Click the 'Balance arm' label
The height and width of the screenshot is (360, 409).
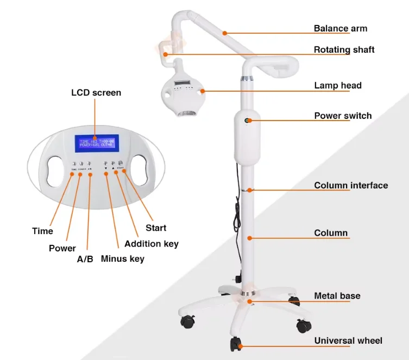pos(340,28)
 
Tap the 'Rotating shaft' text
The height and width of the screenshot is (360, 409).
pos(344,49)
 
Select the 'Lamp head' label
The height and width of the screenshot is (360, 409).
pos(337,85)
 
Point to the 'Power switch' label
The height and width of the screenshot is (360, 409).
pos(343,115)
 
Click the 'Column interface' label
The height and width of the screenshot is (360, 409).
pos(351,185)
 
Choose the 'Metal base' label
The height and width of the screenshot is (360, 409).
pos(337,296)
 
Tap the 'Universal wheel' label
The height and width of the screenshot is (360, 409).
pos(348,340)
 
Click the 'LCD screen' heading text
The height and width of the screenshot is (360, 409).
pos(96,92)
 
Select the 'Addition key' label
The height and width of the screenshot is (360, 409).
pos(152,244)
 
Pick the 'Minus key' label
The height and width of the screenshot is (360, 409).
pos(123,258)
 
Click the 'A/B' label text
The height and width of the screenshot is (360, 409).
pos(85,259)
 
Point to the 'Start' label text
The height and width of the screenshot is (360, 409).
pos(156,228)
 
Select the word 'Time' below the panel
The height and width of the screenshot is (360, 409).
pos(42,231)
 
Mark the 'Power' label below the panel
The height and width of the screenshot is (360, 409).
pos(62,248)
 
